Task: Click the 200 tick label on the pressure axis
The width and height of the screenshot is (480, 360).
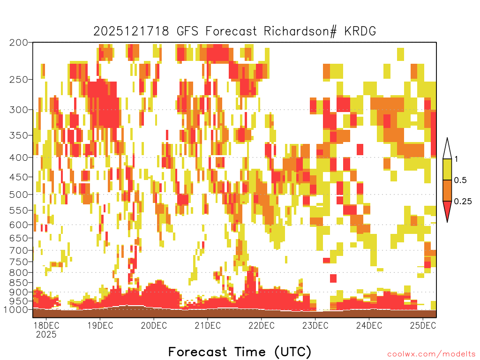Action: pos(19,43)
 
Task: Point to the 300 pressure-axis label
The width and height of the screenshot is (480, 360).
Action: pos(19,110)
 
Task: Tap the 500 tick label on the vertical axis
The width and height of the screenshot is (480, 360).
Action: pos(19,195)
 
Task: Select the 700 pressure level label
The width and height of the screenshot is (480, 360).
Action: pos(19,250)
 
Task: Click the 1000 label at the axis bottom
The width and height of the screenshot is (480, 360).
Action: pos(16,310)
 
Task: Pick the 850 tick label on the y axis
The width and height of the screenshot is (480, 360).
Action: pos(19,283)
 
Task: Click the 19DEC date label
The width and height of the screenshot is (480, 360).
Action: pos(100,325)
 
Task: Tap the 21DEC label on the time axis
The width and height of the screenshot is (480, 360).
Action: pos(208,325)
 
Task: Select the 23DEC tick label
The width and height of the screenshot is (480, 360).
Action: pos(315,325)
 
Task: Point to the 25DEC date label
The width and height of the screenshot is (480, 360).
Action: pos(423,325)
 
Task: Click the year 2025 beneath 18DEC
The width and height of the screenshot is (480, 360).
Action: pos(46,335)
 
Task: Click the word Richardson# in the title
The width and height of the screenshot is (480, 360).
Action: pos(300,31)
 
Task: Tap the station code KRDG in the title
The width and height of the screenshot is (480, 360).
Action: pos(360,31)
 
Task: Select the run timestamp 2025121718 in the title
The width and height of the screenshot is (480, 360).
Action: pos(131,31)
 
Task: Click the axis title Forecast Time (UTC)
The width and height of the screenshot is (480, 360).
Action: pos(240,352)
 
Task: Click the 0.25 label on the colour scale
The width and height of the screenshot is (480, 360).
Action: pos(463,201)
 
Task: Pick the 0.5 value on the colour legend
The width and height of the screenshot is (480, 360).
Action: pos(460,180)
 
